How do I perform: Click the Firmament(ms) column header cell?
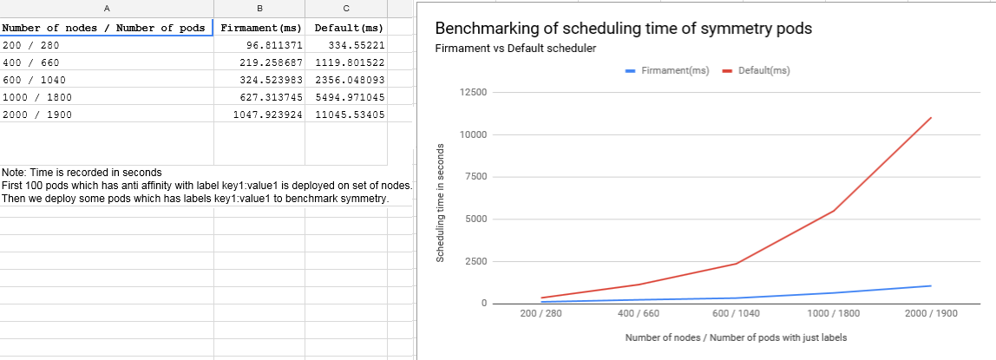coord(259,27)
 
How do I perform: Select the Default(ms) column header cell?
coord(346,27)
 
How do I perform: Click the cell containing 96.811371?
coord(259,45)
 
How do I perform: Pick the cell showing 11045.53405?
coord(346,115)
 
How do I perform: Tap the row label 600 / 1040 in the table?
coord(35,80)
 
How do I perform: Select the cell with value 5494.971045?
coord(346,97)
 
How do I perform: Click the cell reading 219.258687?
coord(259,62)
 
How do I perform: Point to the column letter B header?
coord(259,9)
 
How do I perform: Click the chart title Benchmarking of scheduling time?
coord(624,28)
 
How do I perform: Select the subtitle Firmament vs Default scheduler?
coord(515,49)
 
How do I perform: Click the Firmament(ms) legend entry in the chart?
coord(667,70)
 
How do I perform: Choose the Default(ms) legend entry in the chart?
coord(756,70)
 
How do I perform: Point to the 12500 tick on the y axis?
coord(473,93)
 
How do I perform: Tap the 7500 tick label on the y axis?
coord(475,177)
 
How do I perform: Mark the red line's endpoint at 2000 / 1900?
coord(931,117)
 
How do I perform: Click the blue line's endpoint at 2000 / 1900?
coord(931,285)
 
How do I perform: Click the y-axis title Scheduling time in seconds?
coord(440,202)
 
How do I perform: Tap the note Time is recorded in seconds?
coord(82,172)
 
